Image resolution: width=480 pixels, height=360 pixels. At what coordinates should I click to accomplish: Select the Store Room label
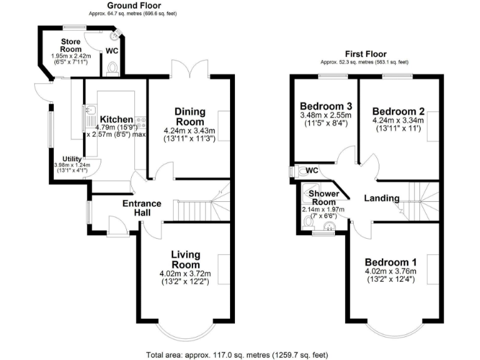pyautogui.click(x=71, y=45)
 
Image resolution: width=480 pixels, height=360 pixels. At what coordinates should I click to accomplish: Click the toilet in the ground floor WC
pyautogui.click(x=112, y=67)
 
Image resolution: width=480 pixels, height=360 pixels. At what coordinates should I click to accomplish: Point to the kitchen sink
pyautogui.click(x=88, y=114)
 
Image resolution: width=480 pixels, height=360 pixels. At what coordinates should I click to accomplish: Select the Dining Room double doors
pyautogui.click(x=190, y=69)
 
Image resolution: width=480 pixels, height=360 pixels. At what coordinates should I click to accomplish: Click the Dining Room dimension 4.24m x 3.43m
pyautogui.click(x=189, y=131)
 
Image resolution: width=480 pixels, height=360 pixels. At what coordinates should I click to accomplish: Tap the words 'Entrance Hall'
pyautogui.click(x=142, y=208)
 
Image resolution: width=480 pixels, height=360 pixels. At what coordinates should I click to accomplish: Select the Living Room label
pyautogui.click(x=186, y=259)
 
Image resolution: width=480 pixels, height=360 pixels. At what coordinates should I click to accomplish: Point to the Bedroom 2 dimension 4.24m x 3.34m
pyautogui.click(x=397, y=120)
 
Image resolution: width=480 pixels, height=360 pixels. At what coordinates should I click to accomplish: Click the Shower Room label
pyautogui.click(x=324, y=197)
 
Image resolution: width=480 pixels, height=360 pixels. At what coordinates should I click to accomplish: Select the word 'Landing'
pyautogui.click(x=382, y=198)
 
